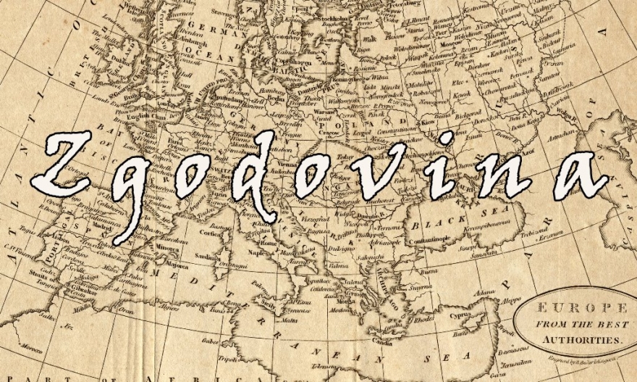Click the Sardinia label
tap(208, 257)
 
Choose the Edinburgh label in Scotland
tap(194, 41)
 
